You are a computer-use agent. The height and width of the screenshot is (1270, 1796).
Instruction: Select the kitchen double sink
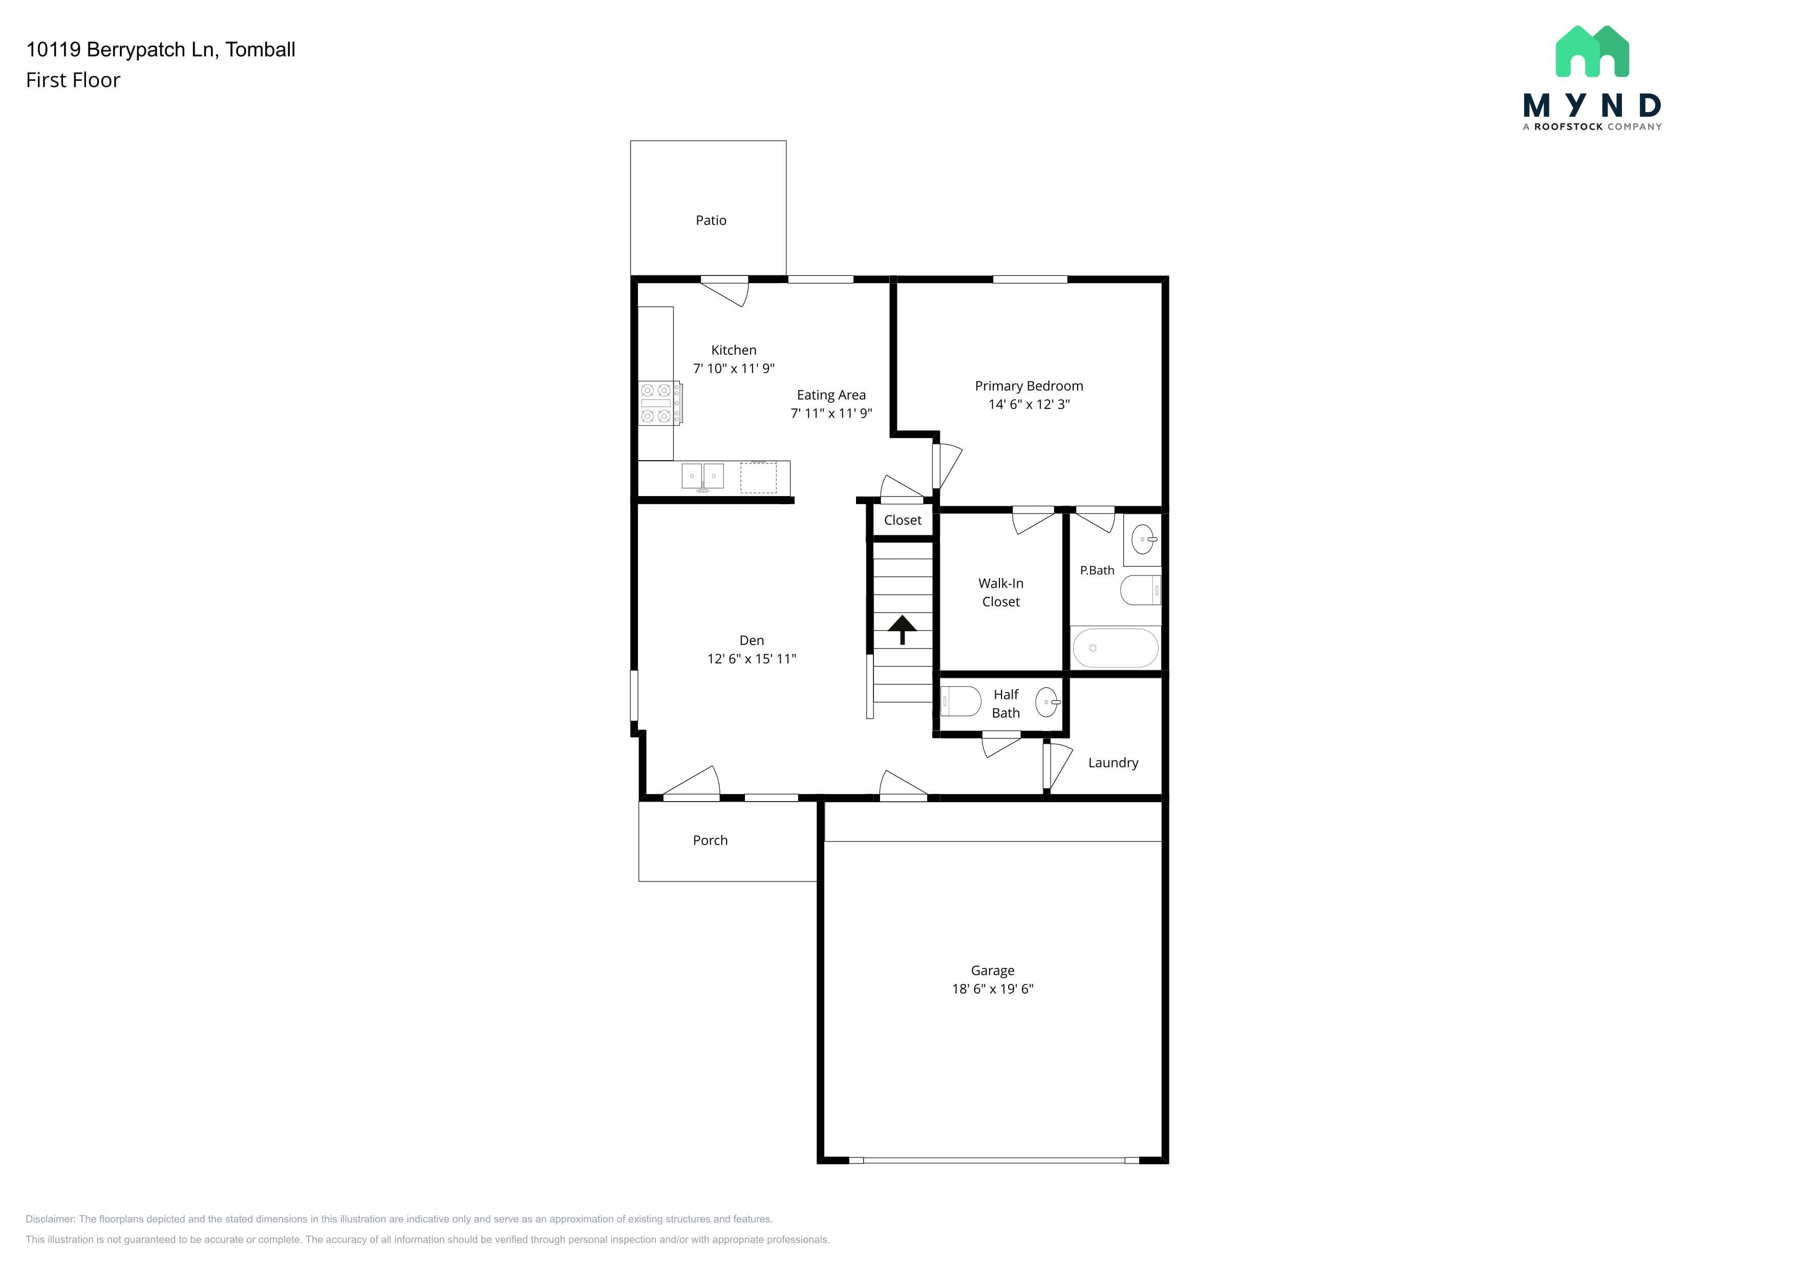[x=702, y=476]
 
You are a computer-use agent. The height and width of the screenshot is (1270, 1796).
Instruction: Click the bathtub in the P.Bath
[x=1116, y=648]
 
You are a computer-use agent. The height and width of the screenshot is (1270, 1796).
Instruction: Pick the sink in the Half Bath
[x=1047, y=702]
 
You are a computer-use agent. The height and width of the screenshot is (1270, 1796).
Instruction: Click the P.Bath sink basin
[x=1144, y=539]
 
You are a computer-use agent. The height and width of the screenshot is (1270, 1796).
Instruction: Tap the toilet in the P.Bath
[x=1141, y=590]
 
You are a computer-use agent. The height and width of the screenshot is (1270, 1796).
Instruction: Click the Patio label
[x=711, y=221]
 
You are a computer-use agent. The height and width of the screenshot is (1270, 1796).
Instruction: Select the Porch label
[x=710, y=841]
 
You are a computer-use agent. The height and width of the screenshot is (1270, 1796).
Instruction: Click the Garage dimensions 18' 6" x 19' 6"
[x=993, y=989]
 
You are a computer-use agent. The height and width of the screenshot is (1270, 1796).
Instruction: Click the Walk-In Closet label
[x=1001, y=593]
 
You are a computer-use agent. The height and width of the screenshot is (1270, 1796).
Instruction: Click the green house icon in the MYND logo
[x=1593, y=52]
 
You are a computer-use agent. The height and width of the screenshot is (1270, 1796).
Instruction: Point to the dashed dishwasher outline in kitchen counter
[x=758, y=478]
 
